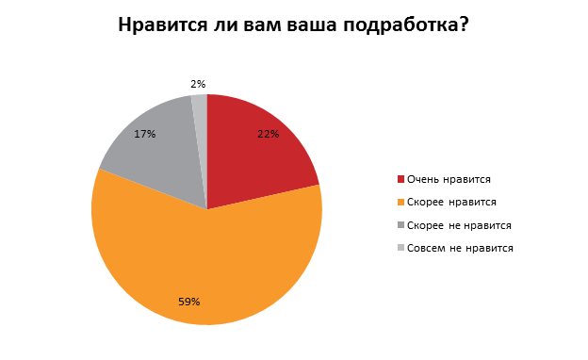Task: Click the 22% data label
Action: pyautogui.click(x=268, y=134)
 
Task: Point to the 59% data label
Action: pyautogui.click(x=189, y=302)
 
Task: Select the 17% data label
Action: pyautogui.click(x=144, y=134)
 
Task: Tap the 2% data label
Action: pyautogui.click(x=198, y=85)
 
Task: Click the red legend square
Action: pyautogui.click(x=401, y=179)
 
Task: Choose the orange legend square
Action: pyautogui.click(x=401, y=202)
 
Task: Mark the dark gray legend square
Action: pyautogui.click(x=401, y=225)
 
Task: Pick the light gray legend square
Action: pyautogui.click(x=401, y=248)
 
